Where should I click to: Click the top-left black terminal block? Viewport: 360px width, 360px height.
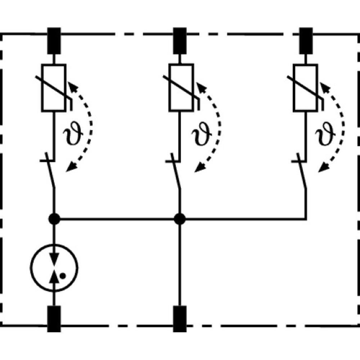point(54,41)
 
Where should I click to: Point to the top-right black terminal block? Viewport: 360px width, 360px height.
point(306,41)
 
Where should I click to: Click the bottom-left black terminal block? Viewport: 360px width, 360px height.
point(54,319)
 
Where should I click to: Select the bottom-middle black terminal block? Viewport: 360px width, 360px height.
point(180,319)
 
